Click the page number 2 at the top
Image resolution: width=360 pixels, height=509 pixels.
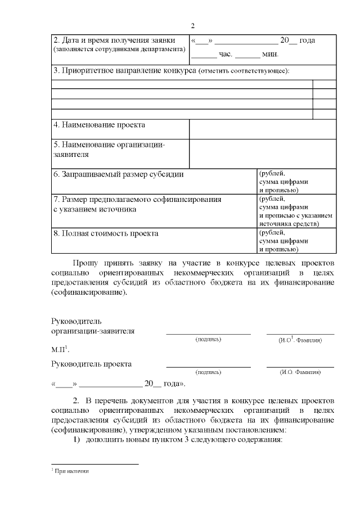click(x=192, y=26)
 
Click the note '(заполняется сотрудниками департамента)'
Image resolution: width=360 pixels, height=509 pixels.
click(x=119, y=49)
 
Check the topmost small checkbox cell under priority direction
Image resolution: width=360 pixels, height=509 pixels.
click(x=324, y=84)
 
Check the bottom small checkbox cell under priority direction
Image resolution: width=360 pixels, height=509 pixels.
click(x=324, y=114)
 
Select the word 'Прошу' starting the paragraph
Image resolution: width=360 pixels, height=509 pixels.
click(x=85, y=263)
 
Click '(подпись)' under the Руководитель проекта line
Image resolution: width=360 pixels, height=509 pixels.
click(x=208, y=372)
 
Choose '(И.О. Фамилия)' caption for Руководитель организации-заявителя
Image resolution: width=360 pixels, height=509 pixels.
click(x=300, y=340)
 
